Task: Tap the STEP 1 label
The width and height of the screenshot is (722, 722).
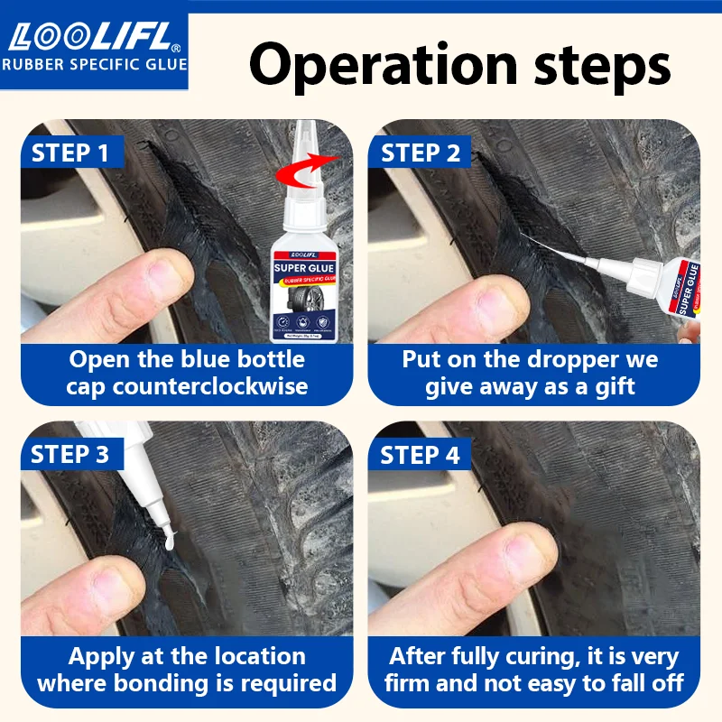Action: point(69,153)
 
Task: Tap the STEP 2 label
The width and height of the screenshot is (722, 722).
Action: point(421,153)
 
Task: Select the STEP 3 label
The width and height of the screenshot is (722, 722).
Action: point(69,454)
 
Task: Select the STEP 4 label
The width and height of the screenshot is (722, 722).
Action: point(421,454)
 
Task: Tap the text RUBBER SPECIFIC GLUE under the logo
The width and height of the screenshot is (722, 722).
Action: point(94,64)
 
